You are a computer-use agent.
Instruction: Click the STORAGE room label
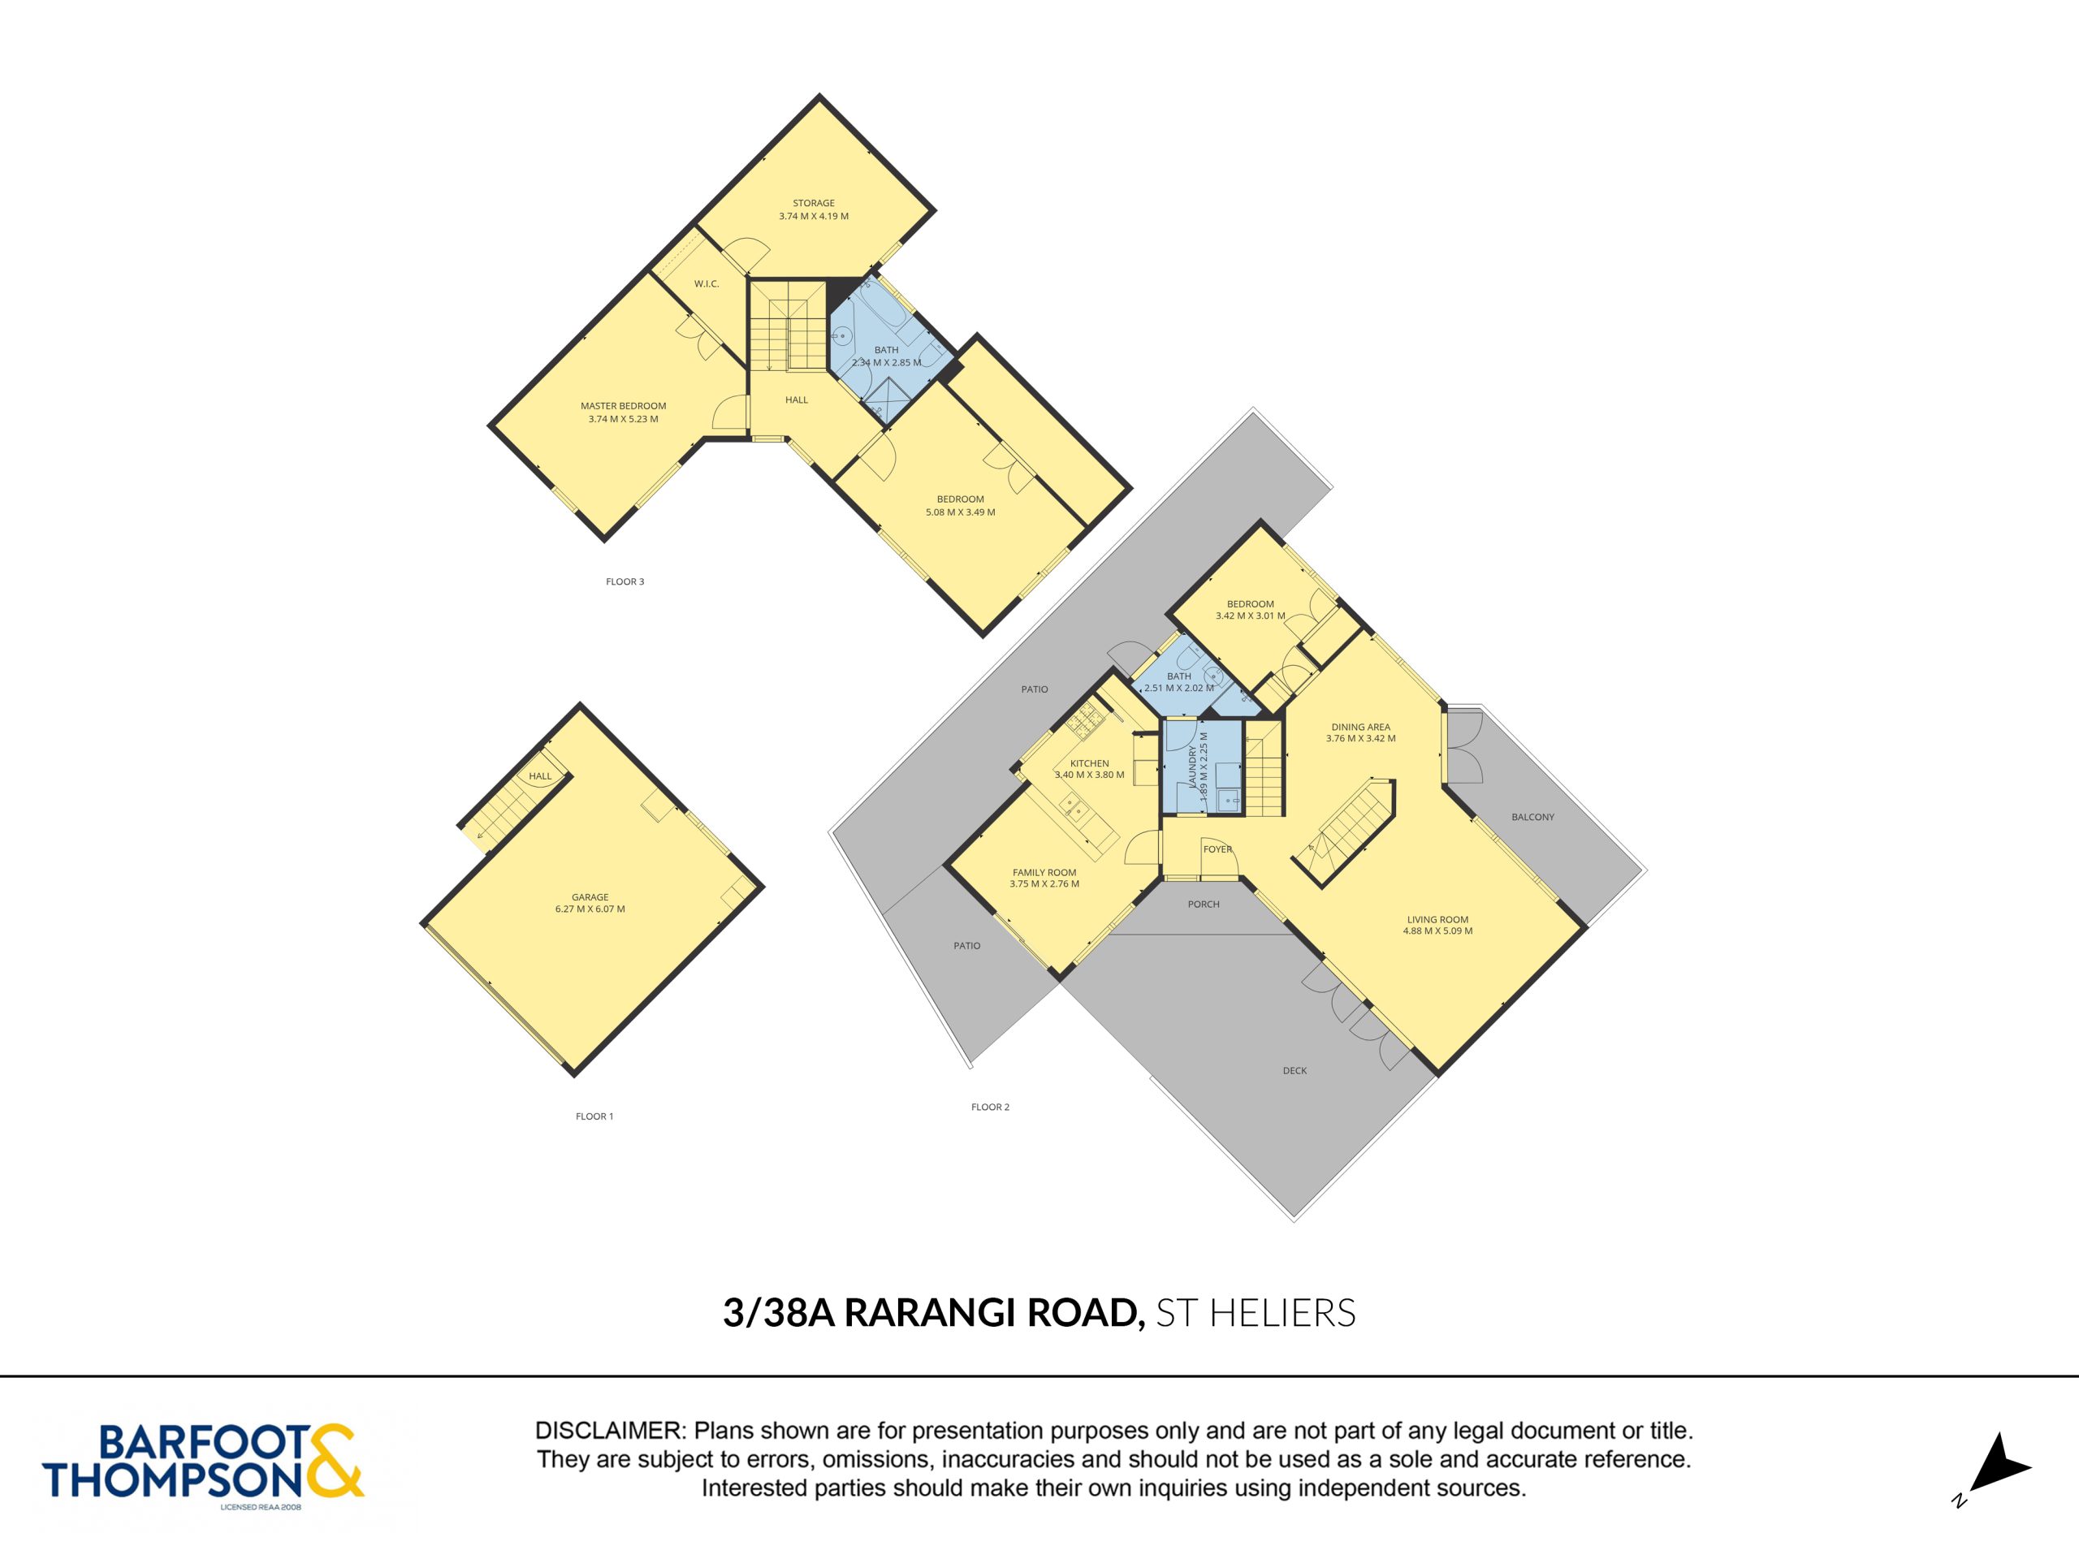[813, 203]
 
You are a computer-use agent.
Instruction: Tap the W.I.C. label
[707, 284]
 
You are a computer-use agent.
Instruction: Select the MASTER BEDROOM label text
[623, 406]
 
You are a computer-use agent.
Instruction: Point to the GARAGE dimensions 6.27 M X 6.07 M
[590, 909]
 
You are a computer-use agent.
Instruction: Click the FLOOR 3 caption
[625, 581]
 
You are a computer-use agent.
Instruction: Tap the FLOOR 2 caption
[991, 1107]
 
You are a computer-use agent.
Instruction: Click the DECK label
[1295, 1070]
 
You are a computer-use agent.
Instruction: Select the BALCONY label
[1533, 817]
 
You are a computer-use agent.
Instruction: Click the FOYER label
[1217, 849]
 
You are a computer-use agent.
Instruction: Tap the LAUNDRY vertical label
[1193, 767]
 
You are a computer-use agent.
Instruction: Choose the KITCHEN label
[1089, 763]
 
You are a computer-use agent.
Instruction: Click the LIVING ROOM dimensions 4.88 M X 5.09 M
[1437, 931]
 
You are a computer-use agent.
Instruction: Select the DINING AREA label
[1360, 727]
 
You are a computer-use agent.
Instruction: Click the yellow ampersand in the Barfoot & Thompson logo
[333, 1462]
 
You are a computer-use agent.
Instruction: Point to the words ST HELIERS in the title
[1256, 1313]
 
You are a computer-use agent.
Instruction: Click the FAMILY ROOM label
[1044, 872]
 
